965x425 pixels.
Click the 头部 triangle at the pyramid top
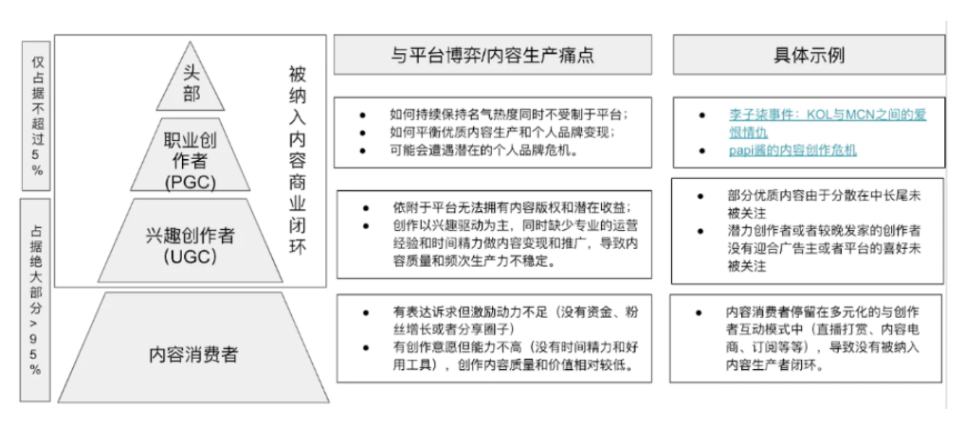191,83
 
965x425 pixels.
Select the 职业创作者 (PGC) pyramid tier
191,155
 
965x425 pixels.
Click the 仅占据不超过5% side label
37,116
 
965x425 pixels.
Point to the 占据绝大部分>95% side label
36,300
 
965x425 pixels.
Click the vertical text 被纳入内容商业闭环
298,160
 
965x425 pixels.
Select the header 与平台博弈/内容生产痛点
492,55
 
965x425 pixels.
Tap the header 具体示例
809,55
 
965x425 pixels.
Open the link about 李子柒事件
828,123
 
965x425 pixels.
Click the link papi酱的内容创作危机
792,151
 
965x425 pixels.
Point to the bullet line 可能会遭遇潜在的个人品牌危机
485,151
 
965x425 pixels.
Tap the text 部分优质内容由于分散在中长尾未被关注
824,204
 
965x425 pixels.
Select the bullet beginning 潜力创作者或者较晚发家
824,249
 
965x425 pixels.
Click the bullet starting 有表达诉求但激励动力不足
516,321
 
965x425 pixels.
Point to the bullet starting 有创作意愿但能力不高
516,356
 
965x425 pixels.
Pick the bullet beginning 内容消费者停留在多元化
823,339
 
